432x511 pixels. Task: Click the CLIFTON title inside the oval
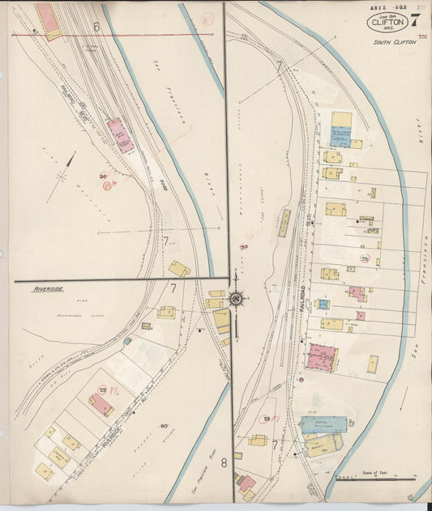click(388, 22)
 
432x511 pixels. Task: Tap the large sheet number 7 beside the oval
click(415, 20)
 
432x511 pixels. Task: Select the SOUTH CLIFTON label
click(395, 41)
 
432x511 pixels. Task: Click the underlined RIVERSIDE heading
click(49, 288)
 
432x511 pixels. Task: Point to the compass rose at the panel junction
click(236, 300)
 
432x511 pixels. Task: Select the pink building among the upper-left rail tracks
click(121, 134)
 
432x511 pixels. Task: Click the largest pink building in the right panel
click(322, 357)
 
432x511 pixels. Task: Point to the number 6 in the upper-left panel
click(96, 27)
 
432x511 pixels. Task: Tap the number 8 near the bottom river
click(224, 464)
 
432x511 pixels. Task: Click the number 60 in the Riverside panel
click(163, 426)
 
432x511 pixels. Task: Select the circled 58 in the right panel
click(365, 259)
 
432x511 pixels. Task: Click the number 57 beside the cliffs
click(244, 246)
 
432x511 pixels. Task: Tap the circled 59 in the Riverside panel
click(103, 391)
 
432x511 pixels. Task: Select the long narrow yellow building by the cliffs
click(284, 223)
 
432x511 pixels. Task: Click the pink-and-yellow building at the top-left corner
click(48, 20)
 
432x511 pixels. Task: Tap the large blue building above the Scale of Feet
click(323, 424)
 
